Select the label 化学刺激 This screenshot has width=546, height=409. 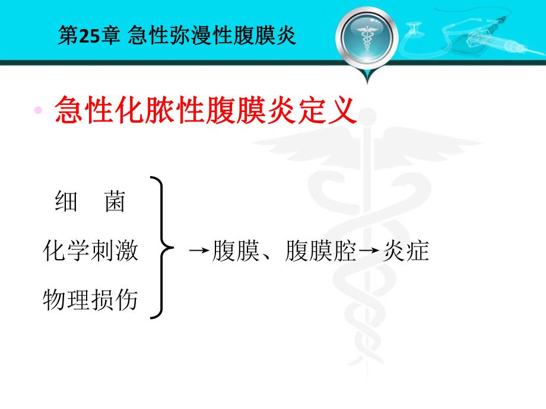(90, 251)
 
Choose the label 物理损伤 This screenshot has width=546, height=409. (90, 300)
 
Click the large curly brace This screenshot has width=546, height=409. (160, 248)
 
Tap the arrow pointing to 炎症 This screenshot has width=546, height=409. (369, 251)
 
